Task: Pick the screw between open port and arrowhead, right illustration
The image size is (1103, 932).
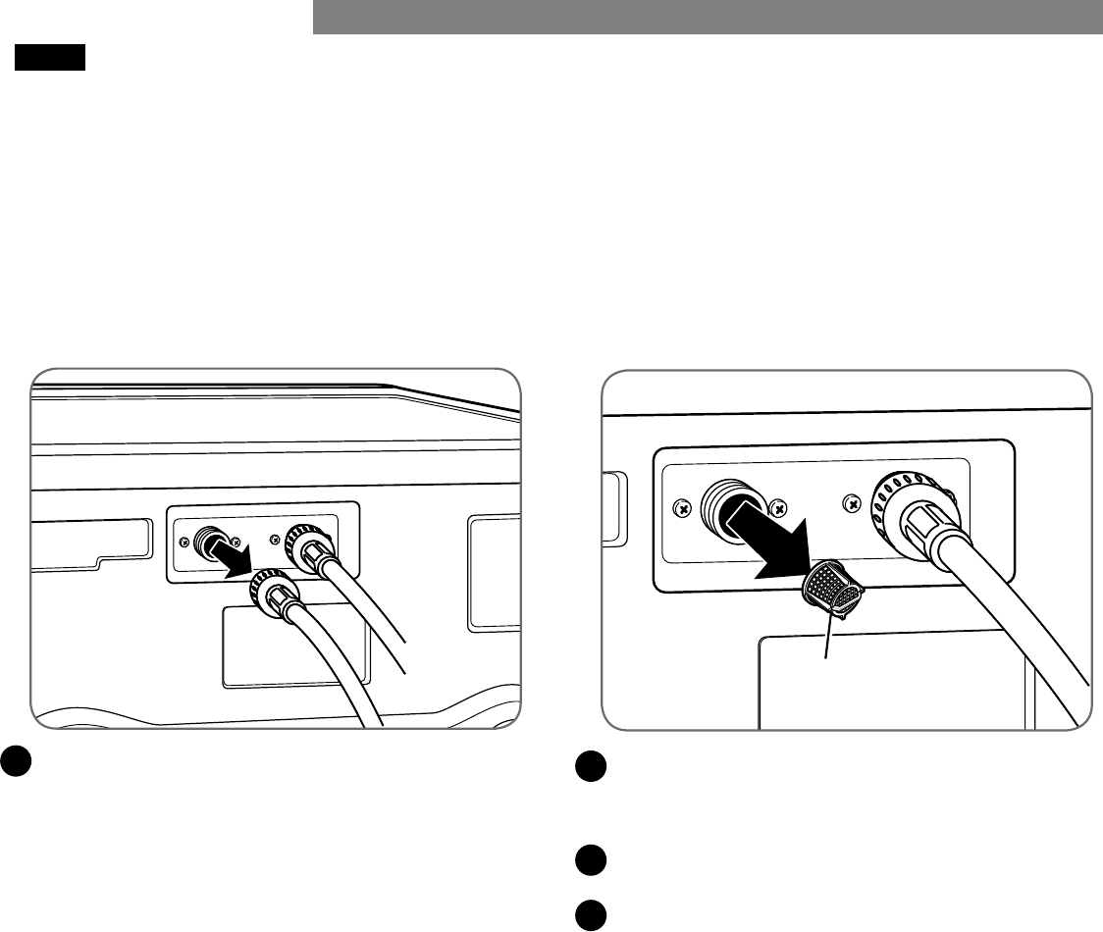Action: [x=778, y=508]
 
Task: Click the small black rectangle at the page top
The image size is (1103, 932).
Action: [x=50, y=58]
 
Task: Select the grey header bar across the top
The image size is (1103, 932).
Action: [x=707, y=17]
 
